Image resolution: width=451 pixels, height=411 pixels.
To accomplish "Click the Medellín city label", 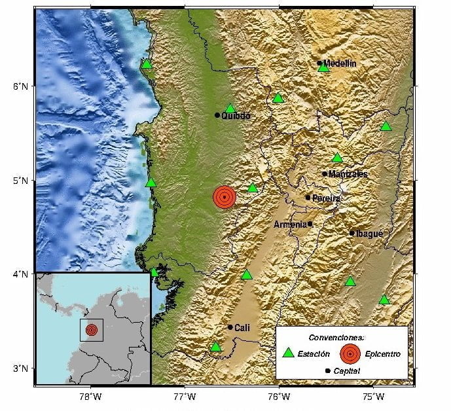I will point(340,63).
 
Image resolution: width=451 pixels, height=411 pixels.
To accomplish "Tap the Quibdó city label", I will point(236,116).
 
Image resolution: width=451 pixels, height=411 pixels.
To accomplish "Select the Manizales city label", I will point(348,174).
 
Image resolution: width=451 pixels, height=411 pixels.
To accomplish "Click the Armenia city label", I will point(290,224).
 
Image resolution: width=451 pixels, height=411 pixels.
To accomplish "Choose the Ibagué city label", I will point(369,233).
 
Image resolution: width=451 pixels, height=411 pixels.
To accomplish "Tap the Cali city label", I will point(242,327).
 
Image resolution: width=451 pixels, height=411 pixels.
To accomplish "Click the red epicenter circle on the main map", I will point(224,196).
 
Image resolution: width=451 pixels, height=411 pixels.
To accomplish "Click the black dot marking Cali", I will point(230,327).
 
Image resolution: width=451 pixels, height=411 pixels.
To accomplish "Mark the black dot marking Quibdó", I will point(217,115).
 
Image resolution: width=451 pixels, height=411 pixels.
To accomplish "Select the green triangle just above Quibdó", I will point(230,109).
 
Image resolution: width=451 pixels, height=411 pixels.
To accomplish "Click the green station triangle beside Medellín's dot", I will point(323,67).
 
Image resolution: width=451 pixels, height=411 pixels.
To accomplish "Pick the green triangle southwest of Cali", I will point(216,347).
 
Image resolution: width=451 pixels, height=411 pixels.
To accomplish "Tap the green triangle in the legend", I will point(288,353).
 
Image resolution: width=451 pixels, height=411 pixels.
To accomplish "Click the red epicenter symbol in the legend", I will point(350,353).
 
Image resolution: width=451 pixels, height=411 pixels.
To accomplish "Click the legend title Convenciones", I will point(336,337).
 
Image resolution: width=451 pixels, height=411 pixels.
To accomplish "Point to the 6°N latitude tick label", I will point(22,86).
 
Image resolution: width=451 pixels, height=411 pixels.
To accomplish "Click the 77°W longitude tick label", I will point(185,396).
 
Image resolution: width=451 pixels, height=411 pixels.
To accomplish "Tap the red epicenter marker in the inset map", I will point(91,329).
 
